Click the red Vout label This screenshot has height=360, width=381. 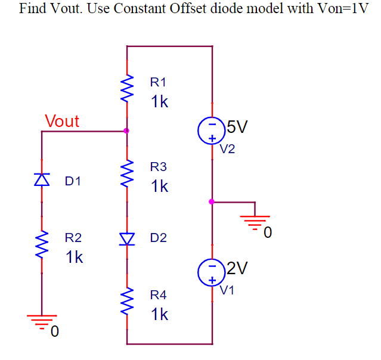[x=62, y=121]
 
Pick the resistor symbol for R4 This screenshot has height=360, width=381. [x=126, y=303]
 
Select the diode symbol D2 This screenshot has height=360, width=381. [x=126, y=238]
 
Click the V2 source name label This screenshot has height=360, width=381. [x=227, y=149]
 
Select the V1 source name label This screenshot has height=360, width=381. [x=227, y=291]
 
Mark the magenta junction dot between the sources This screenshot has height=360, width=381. [x=212, y=201]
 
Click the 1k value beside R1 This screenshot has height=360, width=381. [x=160, y=102]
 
